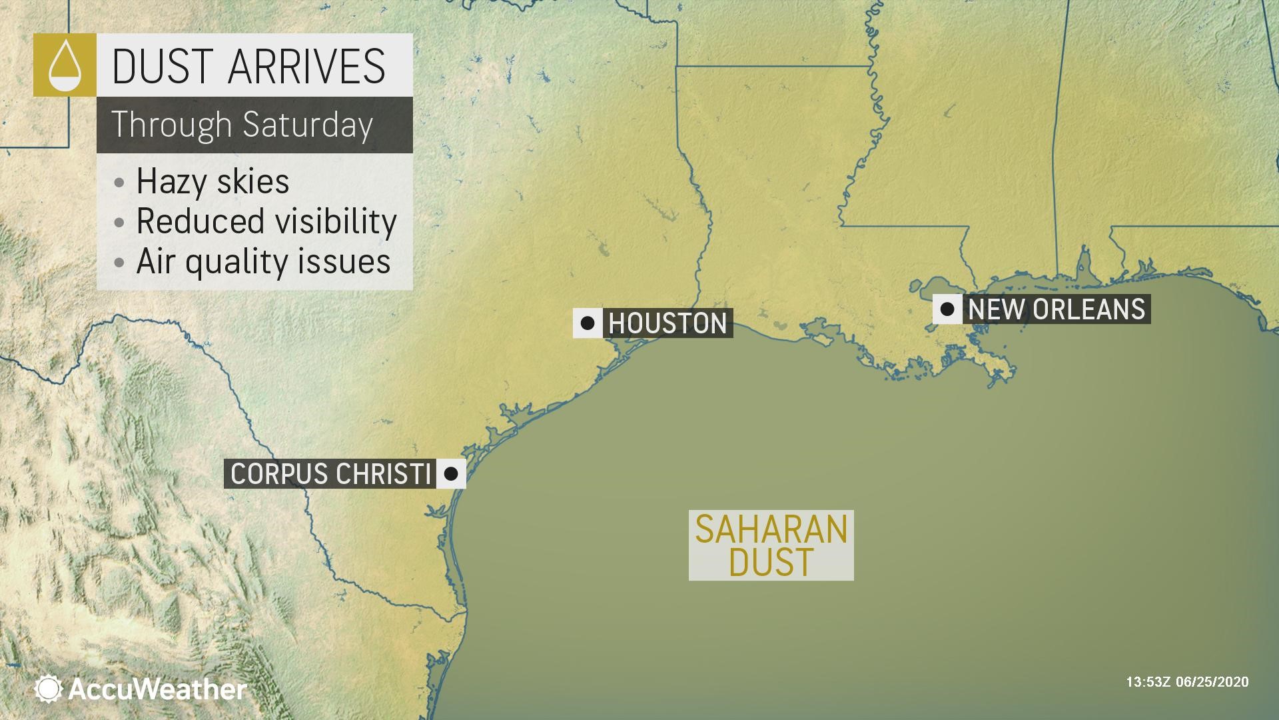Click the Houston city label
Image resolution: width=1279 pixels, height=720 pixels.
coord(667,323)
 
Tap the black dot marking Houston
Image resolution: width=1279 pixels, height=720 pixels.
coord(588,323)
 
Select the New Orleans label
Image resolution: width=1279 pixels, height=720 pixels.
coord(1057,309)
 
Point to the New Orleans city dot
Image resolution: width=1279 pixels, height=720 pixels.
coord(947,309)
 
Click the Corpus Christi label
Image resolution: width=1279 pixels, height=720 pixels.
coord(330,474)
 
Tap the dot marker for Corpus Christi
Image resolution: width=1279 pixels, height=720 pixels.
coord(450,474)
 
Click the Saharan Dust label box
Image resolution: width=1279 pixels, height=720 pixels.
coord(771,545)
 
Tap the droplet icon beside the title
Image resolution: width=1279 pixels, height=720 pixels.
coord(65,65)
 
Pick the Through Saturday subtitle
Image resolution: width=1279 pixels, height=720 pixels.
coord(242,125)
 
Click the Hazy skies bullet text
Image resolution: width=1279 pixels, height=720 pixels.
coord(213,181)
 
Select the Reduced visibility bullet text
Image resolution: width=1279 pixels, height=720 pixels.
coord(266,221)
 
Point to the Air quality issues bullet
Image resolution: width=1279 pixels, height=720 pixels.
coord(263,261)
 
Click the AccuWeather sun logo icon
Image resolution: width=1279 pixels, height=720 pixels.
coord(49,689)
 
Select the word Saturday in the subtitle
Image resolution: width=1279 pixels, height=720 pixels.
coord(307,125)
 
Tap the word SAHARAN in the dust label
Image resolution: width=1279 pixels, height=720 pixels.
coord(771,529)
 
